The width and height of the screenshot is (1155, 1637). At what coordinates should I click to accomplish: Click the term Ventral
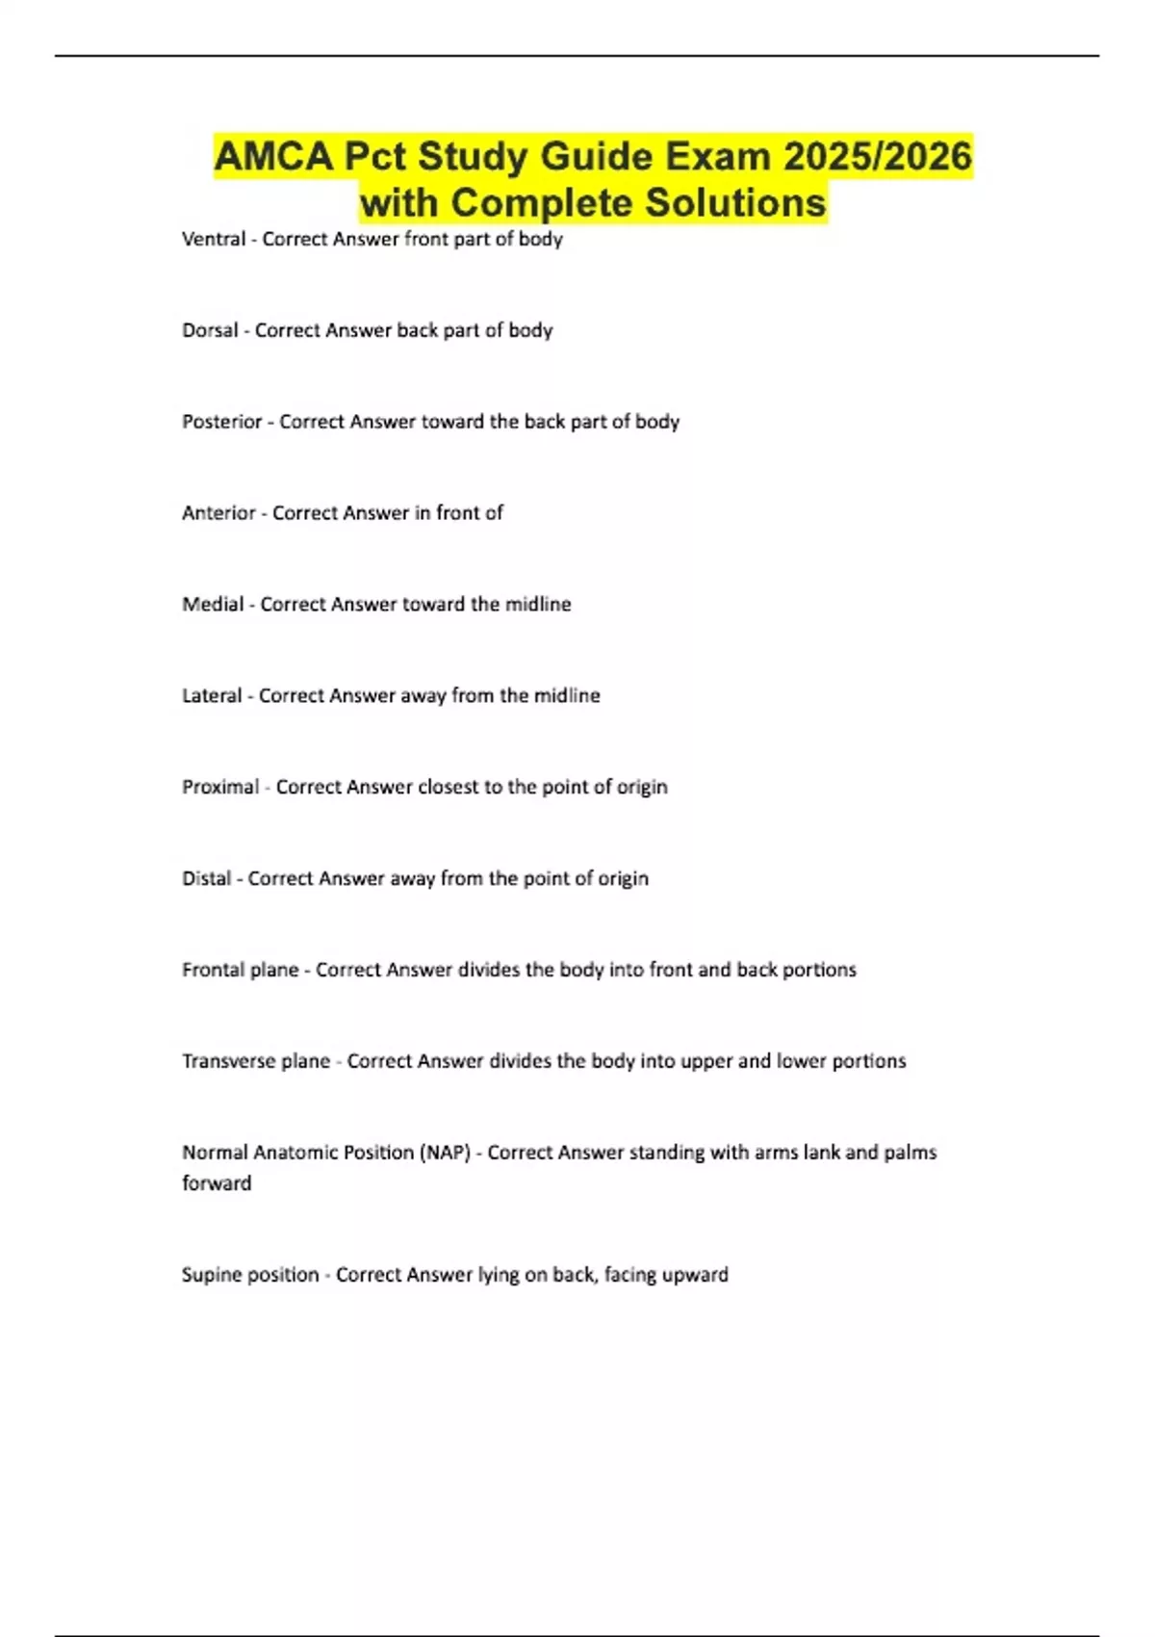pyautogui.click(x=214, y=239)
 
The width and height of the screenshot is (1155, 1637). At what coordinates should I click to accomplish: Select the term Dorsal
pyautogui.click(x=210, y=330)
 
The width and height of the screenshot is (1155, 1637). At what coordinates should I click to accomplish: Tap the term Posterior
pyautogui.click(x=222, y=422)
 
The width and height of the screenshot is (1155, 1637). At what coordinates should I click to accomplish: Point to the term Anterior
pyautogui.click(x=218, y=513)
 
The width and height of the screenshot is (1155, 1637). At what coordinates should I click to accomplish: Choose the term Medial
pyautogui.click(x=213, y=605)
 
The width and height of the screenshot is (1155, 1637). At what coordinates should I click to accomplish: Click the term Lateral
pyautogui.click(x=212, y=696)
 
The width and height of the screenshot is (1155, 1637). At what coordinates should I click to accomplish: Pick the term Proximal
pyautogui.click(x=220, y=788)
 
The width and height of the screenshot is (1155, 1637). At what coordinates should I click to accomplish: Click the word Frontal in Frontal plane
pyautogui.click(x=208, y=970)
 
